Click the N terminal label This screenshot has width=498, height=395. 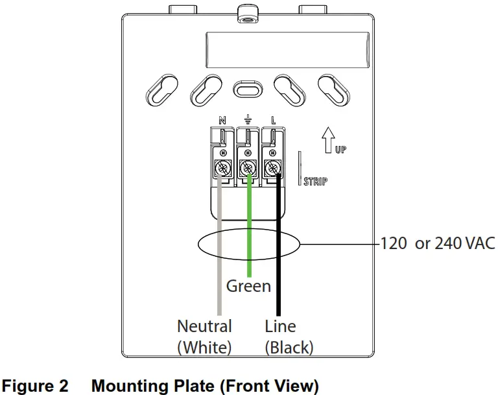[x=222, y=120]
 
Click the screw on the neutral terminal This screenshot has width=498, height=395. [x=223, y=168]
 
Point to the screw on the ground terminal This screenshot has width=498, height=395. [x=248, y=168]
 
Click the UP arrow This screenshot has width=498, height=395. [x=328, y=138]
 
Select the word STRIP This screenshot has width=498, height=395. [x=315, y=181]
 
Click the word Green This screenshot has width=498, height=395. [x=248, y=285]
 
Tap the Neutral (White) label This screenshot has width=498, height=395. [x=204, y=336]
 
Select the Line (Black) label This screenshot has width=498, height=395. [x=289, y=336]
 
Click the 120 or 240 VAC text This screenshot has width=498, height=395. [x=437, y=244]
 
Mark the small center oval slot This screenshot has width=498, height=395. [x=247, y=88]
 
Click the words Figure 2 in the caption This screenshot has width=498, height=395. [x=36, y=387]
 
